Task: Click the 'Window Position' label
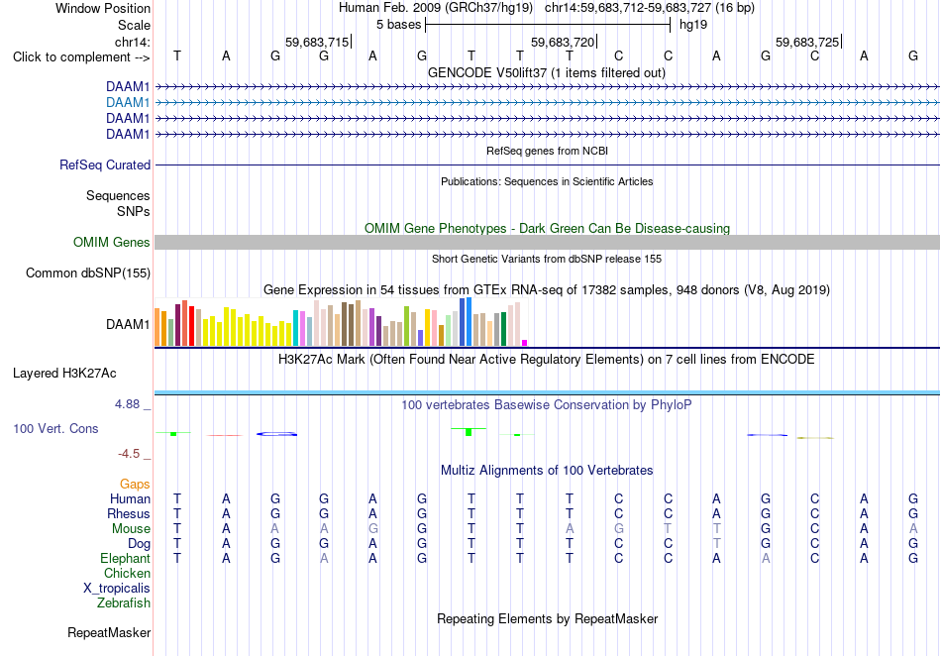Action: [x=103, y=8]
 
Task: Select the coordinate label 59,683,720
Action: [x=563, y=42]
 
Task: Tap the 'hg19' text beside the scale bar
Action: [x=693, y=25]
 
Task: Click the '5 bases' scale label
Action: [x=398, y=25]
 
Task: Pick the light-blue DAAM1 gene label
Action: [x=128, y=103]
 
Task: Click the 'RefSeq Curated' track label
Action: [x=105, y=165]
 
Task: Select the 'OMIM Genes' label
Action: [x=112, y=243]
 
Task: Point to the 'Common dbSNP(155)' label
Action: [x=88, y=273]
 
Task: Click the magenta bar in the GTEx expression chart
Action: [x=525, y=343]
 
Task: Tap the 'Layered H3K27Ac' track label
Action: [x=64, y=374]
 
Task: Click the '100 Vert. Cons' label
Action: [x=55, y=428]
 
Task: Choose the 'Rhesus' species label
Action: [x=129, y=513]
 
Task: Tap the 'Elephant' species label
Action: [x=126, y=559]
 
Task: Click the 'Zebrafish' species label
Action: [x=124, y=603]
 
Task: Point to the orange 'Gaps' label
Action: [x=135, y=485]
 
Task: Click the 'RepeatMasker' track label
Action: [x=109, y=632]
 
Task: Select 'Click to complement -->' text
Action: [x=81, y=57]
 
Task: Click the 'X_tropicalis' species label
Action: [x=117, y=589]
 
